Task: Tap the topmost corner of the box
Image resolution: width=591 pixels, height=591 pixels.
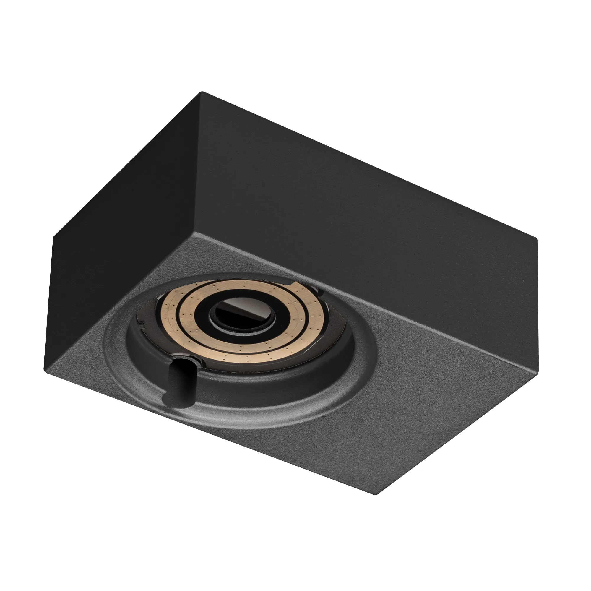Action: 201,92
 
